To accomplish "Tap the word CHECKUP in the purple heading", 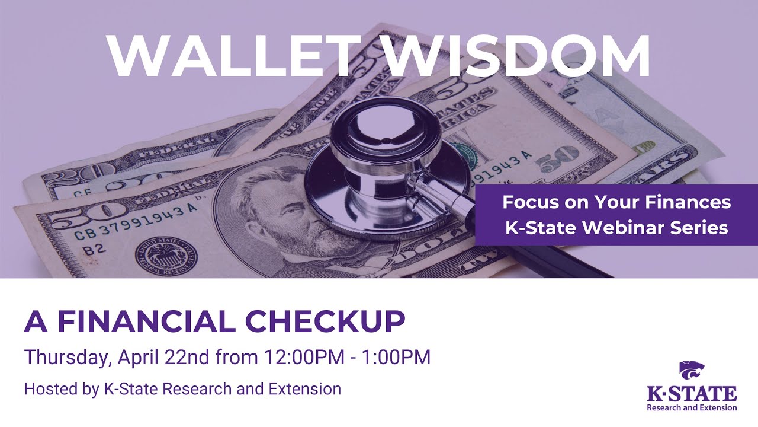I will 325,321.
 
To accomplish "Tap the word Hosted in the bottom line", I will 49,389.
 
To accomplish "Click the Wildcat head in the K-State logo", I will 692,371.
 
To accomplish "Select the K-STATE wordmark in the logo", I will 692,394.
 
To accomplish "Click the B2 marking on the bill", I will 88,250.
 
